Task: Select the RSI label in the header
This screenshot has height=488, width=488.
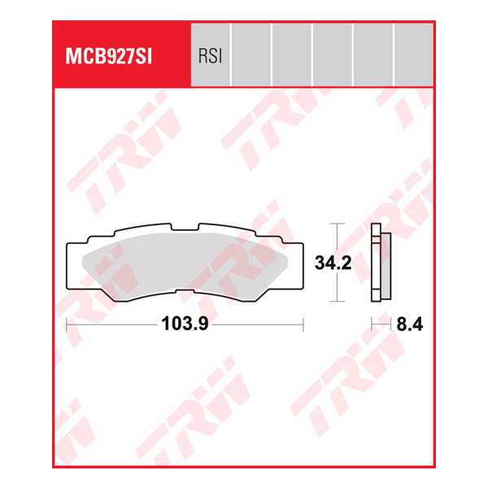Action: click(x=210, y=56)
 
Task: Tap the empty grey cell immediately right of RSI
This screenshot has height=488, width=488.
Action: click(x=251, y=54)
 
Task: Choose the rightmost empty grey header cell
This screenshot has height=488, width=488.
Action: click(x=413, y=54)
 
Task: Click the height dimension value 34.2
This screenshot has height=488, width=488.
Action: click(x=332, y=263)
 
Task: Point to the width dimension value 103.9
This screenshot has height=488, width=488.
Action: click(x=185, y=324)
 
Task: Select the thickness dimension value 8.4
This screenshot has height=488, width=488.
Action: click(x=410, y=324)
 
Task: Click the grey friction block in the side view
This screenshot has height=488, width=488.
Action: click(x=386, y=262)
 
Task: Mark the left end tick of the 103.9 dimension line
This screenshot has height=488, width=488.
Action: click(x=66, y=324)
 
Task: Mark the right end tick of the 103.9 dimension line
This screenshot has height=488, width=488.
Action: click(x=303, y=324)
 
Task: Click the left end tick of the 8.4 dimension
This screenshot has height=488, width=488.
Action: click(x=372, y=324)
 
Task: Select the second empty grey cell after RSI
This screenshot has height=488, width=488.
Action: click(x=292, y=54)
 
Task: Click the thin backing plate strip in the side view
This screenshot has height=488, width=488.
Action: click(x=375, y=262)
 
